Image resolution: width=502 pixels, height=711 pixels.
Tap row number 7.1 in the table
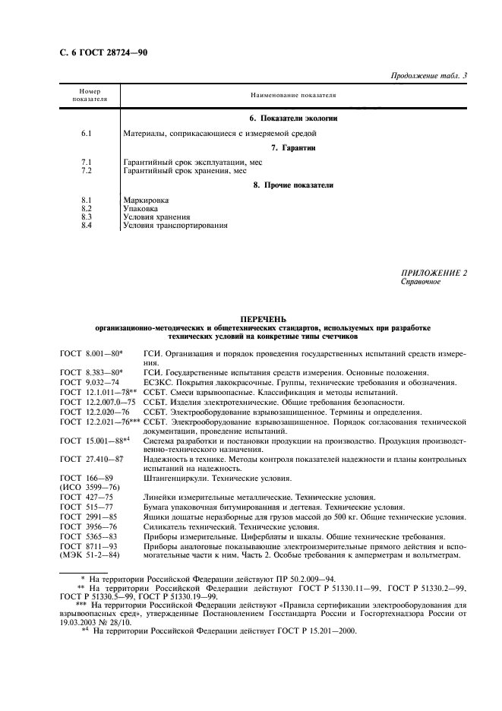click(86, 163)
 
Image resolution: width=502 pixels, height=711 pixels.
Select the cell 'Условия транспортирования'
click(175, 225)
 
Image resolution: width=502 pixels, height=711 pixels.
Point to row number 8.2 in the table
click(86, 207)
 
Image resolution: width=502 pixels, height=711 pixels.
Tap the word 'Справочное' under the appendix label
click(420, 281)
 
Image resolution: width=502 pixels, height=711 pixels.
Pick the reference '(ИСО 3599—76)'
click(87, 486)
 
